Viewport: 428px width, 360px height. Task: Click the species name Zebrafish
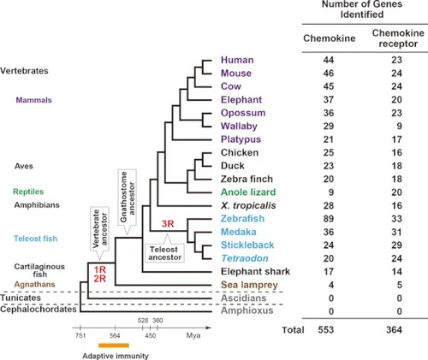point(242,219)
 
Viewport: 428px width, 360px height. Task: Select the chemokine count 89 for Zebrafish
point(329,219)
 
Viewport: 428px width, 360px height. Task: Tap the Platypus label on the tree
point(241,139)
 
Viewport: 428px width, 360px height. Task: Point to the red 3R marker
point(168,224)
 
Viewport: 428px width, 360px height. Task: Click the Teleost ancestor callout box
point(164,251)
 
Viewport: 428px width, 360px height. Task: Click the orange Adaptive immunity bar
point(114,345)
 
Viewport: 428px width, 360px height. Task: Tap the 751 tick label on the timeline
point(80,335)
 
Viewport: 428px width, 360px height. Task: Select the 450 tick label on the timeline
point(151,335)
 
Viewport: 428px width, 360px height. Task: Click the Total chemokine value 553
point(326,330)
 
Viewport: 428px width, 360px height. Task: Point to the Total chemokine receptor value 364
point(394,330)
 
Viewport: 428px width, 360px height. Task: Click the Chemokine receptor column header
point(398,38)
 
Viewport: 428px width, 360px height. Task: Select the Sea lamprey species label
point(249,285)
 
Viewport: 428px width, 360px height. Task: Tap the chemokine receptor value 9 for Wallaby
point(399,126)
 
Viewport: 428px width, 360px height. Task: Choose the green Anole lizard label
point(248,192)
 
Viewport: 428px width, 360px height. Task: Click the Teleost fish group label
point(36,239)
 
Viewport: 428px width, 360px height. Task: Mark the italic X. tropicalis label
point(248,205)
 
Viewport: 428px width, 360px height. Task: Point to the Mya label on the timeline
point(193,335)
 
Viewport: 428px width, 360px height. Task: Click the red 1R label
point(100,269)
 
